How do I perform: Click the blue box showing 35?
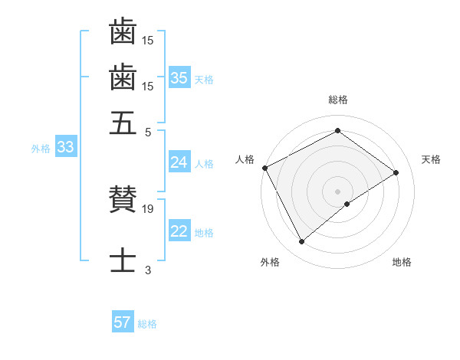pos(179,78)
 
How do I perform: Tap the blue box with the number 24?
pos(179,162)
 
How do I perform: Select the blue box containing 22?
pos(179,232)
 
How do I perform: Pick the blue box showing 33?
pos(65,148)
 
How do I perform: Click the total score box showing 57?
pos(123,322)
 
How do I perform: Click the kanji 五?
pos(123,122)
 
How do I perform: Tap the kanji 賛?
pos(123,201)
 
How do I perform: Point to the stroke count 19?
pos(149,209)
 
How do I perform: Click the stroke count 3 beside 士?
pos(148,270)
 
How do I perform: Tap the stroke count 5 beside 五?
pos(148,131)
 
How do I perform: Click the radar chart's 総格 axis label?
pos(337,100)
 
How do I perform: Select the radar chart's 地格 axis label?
pos(402,262)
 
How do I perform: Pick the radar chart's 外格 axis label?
pos(270,262)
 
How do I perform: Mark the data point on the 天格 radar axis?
pos(396,172)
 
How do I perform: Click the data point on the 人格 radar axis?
pos(264,168)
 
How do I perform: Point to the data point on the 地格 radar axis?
pos(347,204)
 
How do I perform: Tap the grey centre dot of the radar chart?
pos(337,191)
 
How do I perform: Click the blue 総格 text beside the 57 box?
pos(147,323)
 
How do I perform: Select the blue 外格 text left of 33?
pos(40,149)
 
